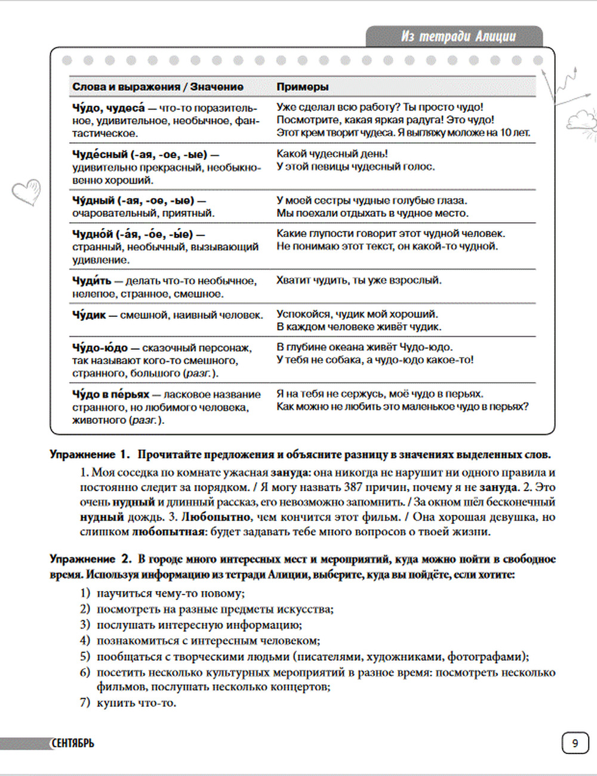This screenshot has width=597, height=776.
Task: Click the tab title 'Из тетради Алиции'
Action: click(458, 36)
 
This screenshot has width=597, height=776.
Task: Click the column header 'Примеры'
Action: click(302, 87)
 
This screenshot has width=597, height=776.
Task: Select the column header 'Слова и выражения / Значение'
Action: click(158, 87)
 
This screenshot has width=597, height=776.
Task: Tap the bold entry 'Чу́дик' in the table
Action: click(89, 315)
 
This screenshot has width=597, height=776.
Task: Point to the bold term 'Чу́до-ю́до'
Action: click(100, 347)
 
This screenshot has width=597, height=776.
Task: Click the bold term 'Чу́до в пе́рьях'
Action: click(110, 394)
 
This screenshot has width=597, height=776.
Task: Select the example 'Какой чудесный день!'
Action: click(332, 153)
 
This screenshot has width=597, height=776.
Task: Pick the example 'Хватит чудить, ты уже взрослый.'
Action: click(359, 280)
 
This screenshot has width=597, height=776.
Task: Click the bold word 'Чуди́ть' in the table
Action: click(91, 281)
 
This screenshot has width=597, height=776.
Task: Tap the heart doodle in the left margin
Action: click(27, 192)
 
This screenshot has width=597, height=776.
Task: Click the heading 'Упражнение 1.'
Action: click(90, 454)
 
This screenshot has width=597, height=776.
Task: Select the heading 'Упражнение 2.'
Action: click(91, 559)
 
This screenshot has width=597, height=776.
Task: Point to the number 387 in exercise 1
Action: click(353, 487)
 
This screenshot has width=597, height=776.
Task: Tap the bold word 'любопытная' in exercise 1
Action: click(169, 531)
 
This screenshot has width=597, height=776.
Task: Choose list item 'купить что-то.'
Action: click(137, 703)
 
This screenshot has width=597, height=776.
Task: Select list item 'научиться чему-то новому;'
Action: click(171, 593)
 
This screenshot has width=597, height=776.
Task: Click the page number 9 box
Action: click(575, 743)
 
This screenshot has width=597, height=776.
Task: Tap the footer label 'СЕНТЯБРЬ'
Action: click(72, 743)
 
